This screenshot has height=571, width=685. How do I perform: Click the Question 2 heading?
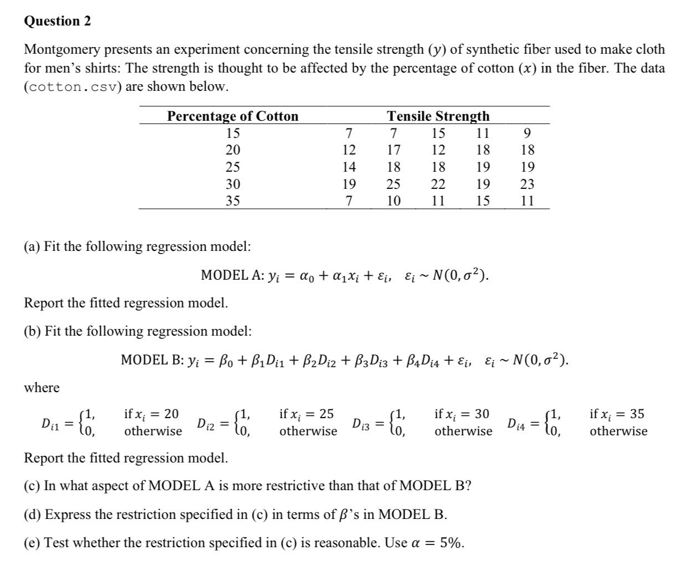point(58,22)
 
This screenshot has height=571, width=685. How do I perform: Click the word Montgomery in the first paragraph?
point(62,50)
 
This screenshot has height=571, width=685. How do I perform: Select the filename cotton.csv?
point(70,88)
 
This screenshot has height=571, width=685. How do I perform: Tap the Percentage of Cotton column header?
point(233,116)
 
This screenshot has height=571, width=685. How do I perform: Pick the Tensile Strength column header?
point(438,116)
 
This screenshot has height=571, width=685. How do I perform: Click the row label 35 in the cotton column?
point(233,201)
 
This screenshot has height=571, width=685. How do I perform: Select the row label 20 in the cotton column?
point(233,150)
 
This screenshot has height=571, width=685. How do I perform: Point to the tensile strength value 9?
point(527,133)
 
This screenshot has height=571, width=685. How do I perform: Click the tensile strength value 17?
point(393,150)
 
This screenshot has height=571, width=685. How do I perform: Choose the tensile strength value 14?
point(349,167)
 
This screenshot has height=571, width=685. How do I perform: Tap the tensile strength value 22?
point(438,184)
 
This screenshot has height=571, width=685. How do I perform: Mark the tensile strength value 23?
point(527,184)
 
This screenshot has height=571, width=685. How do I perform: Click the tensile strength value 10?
point(393,201)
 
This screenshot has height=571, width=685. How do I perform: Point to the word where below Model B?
point(42,388)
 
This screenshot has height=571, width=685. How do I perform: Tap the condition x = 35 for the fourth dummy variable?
point(617,414)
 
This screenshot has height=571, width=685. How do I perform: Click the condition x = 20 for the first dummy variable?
point(151,414)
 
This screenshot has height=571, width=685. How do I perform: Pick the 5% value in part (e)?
point(452,543)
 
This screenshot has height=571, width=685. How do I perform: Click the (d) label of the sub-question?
point(32,515)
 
